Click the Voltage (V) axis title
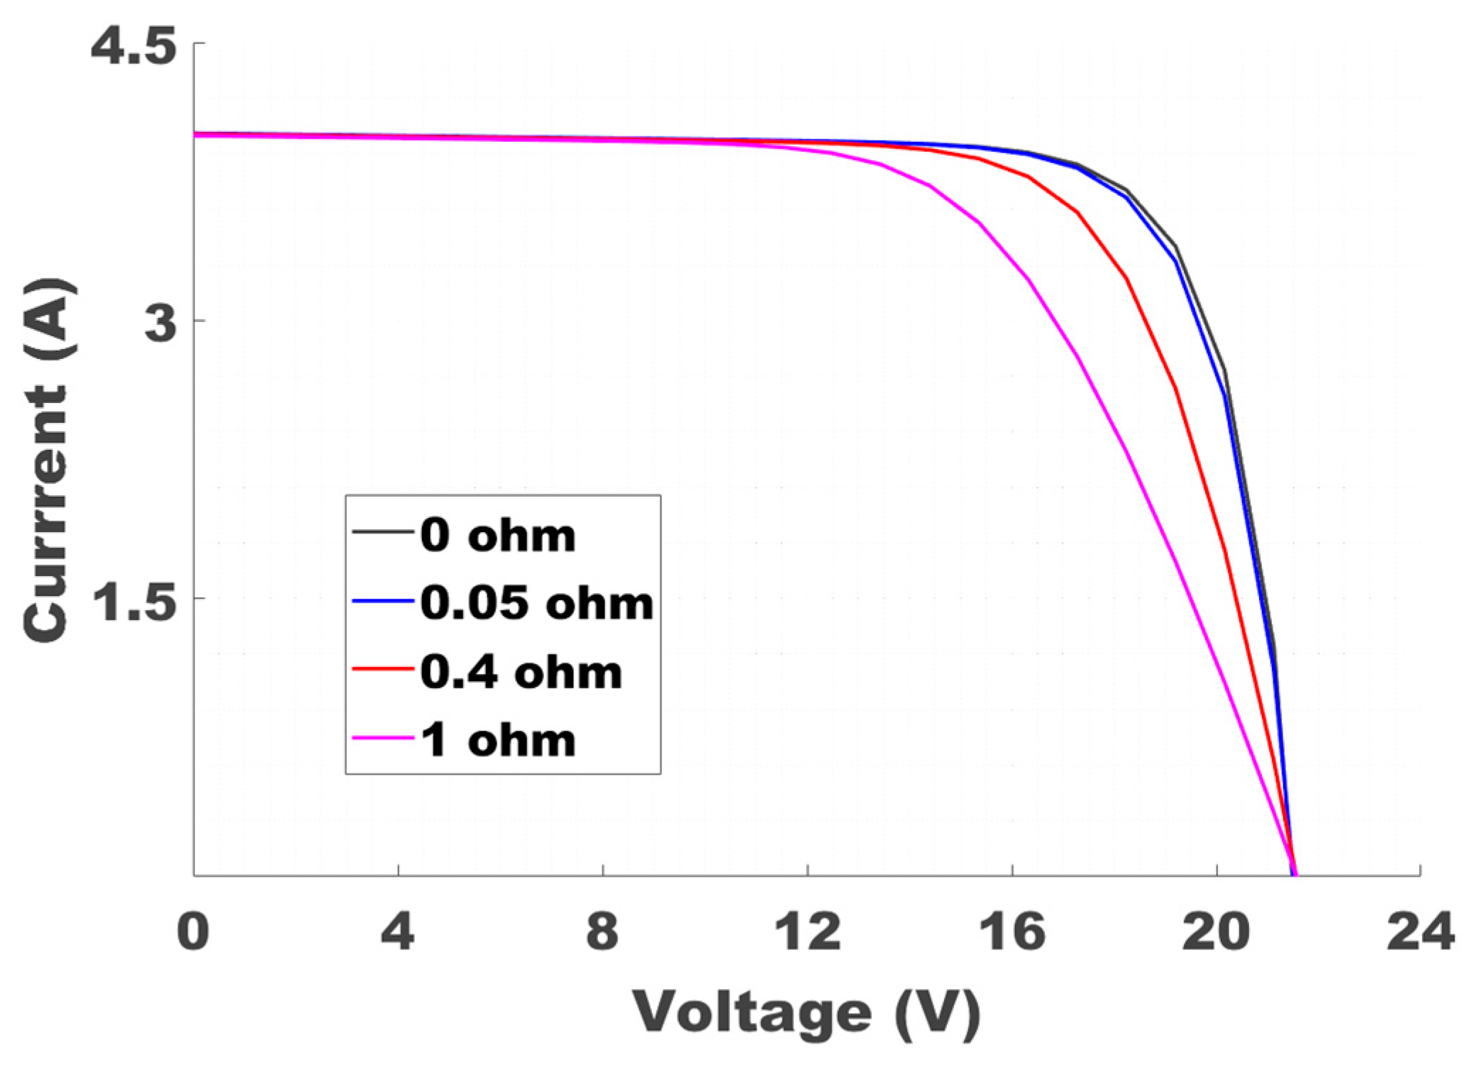(x=806, y=1012)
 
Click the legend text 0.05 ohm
(x=536, y=603)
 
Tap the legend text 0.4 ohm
(x=521, y=671)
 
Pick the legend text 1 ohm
(x=497, y=740)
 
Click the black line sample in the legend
(x=383, y=531)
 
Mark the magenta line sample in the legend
(x=383, y=739)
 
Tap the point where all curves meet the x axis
(x=1293, y=875)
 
